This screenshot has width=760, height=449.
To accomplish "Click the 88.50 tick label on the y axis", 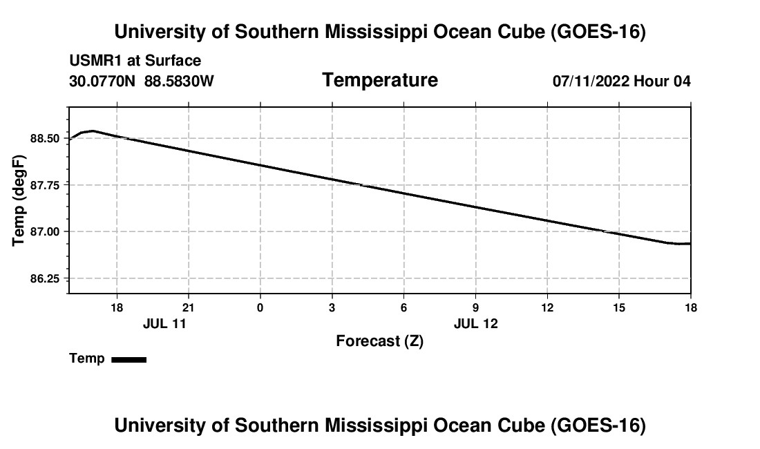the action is pyautogui.click(x=45, y=139).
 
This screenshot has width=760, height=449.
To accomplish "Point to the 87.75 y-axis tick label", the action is pyautogui.click(x=45, y=186).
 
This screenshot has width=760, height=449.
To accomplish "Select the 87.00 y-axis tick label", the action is pyautogui.click(x=45, y=232).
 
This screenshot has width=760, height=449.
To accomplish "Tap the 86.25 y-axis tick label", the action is pyautogui.click(x=45, y=279).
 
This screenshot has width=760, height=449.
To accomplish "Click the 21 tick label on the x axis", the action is pyautogui.click(x=188, y=307).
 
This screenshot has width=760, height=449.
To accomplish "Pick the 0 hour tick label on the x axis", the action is pyautogui.click(x=260, y=307).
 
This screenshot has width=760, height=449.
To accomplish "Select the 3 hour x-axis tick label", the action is pyautogui.click(x=332, y=307).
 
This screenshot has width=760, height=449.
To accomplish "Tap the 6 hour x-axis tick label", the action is pyautogui.click(x=403, y=307).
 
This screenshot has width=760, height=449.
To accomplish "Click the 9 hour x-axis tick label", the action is pyautogui.click(x=475, y=307).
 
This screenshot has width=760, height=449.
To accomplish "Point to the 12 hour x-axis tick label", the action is pyautogui.click(x=547, y=307).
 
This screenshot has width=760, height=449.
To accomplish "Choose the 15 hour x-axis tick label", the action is pyautogui.click(x=619, y=307).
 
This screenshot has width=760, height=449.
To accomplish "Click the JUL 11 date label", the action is pyautogui.click(x=165, y=323).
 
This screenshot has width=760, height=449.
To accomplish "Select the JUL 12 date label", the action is pyautogui.click(x=476, y=323).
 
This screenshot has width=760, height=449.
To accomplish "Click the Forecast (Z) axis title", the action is pyautogui.click(x=380, y=341).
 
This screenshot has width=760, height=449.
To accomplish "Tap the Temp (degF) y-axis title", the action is pyautogui.click(x=18, y=200).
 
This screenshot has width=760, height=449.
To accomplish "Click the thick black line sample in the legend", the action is pyautogui.click(x=129, y=360).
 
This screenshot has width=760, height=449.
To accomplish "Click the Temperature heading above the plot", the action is pyautogui.click(x=380, y=80).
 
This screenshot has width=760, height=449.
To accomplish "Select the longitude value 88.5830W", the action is pyautogui.click(x=179, y=81).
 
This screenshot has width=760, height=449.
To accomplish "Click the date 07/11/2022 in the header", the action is pyautogui.click(x=591, y=81).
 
